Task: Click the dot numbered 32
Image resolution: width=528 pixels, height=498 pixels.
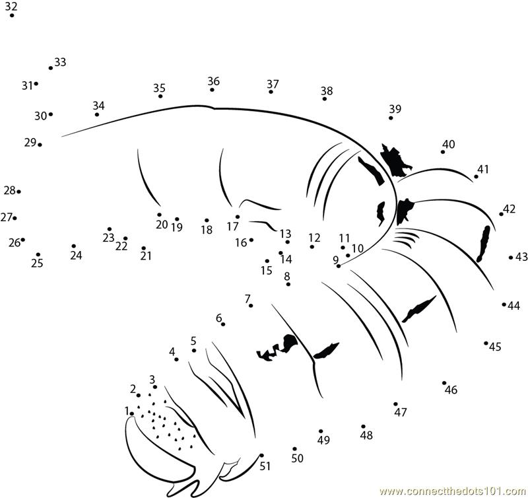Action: [x=12, y=15]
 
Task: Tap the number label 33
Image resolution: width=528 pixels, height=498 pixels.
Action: [x=60, y=62]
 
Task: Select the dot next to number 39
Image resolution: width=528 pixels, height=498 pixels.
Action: [x=391, y=118]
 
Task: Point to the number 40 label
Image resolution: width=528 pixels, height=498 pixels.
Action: [x=449, y=144]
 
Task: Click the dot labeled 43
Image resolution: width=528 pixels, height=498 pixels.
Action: [x=511, y=258]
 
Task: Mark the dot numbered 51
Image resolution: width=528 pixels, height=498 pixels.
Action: [x=261, y=456]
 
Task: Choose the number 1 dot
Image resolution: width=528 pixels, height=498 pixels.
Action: [x=132, y=413]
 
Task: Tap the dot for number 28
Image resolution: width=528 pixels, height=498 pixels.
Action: [x=19, y=192]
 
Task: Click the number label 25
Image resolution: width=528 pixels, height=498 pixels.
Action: [x=37, y=263]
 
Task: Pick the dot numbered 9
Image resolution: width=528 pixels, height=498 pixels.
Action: [x=339, y=266]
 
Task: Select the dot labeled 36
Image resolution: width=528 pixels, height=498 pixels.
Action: [x=212, y=90]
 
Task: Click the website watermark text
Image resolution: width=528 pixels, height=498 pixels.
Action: [x=453, y=491]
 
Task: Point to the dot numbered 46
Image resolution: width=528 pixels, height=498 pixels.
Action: [x=444, y=383]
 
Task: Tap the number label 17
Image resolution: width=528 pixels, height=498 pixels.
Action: [x=233, y=227]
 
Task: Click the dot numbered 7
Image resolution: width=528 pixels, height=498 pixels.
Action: [x=251, y=306]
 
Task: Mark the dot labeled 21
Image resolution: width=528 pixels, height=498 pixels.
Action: [x=144, y=248]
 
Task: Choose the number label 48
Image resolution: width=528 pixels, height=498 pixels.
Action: [x=366, y=435]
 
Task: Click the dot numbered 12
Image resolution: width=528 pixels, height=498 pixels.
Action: [x=312, y=247]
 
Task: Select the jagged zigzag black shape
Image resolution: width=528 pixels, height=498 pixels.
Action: [x=277, y=348]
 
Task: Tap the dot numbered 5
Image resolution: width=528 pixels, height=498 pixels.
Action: [x=194, y=351]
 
